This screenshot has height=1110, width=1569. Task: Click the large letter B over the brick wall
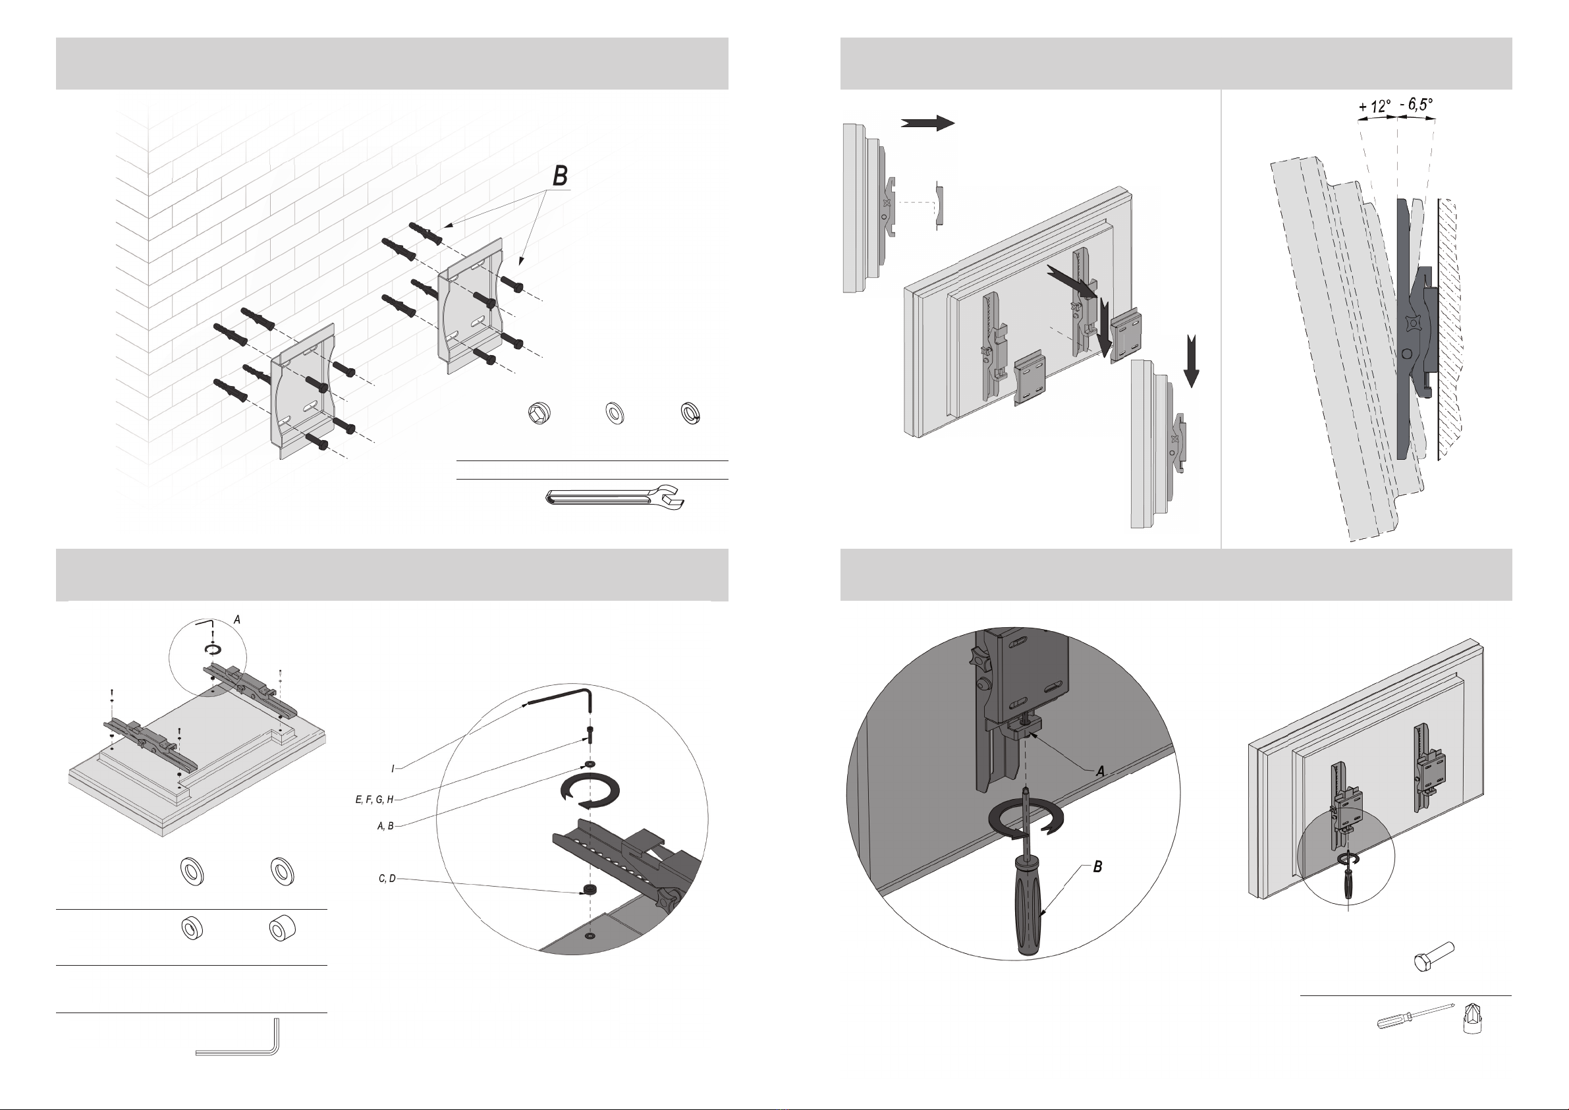tap(561, 176)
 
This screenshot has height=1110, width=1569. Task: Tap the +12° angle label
tap(1374, 107)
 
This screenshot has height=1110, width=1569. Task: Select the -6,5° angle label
tap(1416, 105)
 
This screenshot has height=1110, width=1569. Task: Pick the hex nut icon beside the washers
tap(540, 413)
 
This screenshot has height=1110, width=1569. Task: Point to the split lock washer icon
tap(691, 413)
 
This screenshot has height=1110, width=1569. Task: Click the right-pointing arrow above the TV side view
tap(927, 123)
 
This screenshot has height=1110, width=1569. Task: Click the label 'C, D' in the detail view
tap(387, 878)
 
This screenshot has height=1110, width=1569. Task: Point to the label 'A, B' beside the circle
tap(385, 825)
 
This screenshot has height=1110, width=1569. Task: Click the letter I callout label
tap(393, 769)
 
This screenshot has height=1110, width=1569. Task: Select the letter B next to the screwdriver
tap(1097, 867)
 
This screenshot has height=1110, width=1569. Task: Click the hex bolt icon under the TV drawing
tap(1433, 957)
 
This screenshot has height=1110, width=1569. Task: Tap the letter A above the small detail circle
tap(237, 619)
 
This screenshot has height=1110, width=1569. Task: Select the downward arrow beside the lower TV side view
tap(1191, 361)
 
